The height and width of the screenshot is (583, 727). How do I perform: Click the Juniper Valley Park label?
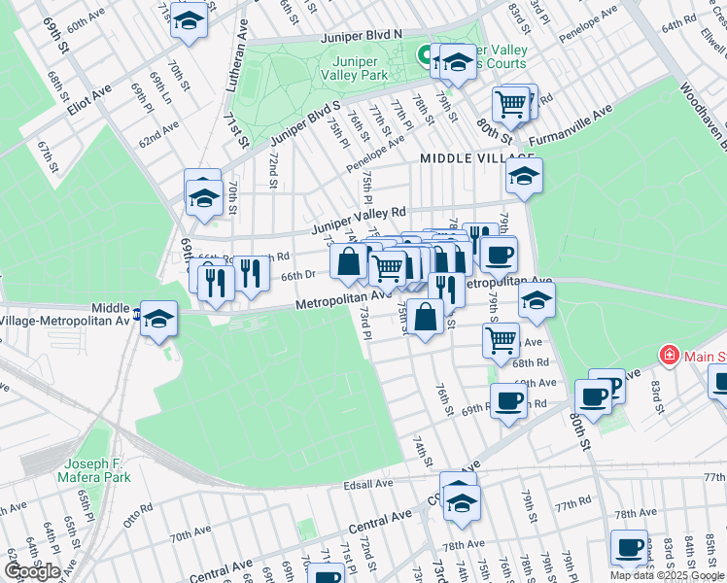click(355, 66)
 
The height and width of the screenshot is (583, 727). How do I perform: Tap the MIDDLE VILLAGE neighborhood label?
click(477, 157)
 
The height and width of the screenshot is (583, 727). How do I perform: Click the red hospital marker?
click(669, 356)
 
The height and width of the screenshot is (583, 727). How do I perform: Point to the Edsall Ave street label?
click(366, 483)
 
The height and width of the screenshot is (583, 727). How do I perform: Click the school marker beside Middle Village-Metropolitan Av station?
click(158, 319)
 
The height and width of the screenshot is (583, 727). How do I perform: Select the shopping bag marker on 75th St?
click(426, 318)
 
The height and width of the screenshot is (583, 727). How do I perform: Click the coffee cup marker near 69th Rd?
click(508, 400)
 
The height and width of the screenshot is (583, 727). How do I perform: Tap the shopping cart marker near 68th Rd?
click(501, 340)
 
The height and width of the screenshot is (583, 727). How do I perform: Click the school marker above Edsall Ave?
click(459, 502)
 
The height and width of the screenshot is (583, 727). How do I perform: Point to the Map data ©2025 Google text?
click(668, 575)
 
